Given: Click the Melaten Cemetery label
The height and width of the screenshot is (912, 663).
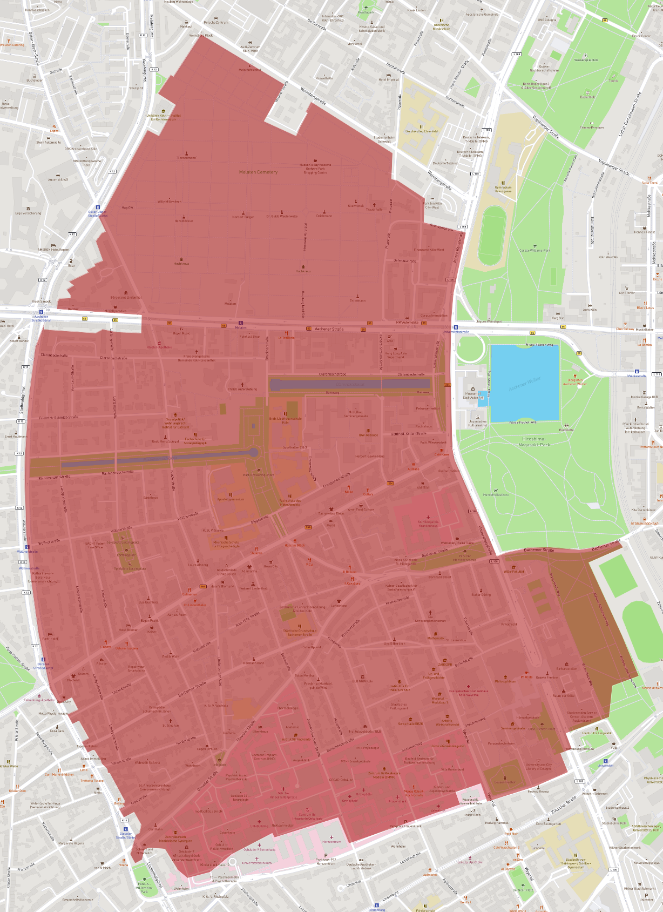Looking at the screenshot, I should pos(258,172).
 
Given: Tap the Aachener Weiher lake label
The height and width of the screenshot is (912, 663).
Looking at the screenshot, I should pos(524,384).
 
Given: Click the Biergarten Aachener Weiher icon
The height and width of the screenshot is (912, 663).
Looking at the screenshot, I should pos(575,375).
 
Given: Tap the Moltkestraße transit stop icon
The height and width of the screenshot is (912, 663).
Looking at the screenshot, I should pos(637,372).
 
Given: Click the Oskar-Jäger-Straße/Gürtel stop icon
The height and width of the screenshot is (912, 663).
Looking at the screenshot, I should pos(98,207).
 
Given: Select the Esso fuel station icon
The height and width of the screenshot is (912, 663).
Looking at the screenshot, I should pos(71,261).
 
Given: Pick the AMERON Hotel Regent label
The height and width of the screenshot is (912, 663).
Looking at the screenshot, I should pos(53,250).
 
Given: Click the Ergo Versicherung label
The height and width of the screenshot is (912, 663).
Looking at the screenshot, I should pos(28,213).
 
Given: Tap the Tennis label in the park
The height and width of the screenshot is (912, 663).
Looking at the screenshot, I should pos(613,81).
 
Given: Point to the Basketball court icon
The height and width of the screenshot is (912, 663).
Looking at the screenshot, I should pos(588,93).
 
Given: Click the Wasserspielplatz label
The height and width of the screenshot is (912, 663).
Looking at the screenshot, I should pos(586,60).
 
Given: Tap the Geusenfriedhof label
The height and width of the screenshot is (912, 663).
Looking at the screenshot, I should pos(504,782).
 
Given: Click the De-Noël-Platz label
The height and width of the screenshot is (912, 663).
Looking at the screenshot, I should pos(523,890).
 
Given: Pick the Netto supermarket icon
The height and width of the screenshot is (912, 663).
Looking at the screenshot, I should pos(98,788).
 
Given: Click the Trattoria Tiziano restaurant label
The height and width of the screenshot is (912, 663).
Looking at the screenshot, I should pos(92,780).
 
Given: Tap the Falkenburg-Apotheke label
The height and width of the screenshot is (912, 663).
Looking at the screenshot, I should pos(39,700).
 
